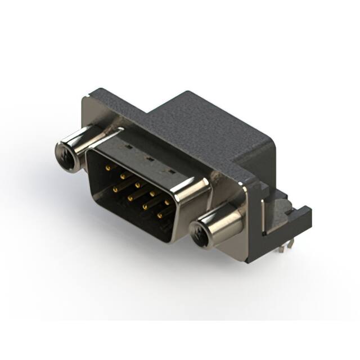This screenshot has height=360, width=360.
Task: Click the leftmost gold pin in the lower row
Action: click(x=115, y=190)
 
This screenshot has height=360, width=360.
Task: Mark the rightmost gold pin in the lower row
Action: click(x=159, y=215)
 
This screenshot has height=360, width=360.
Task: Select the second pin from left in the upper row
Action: click(x=121, y=175)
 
